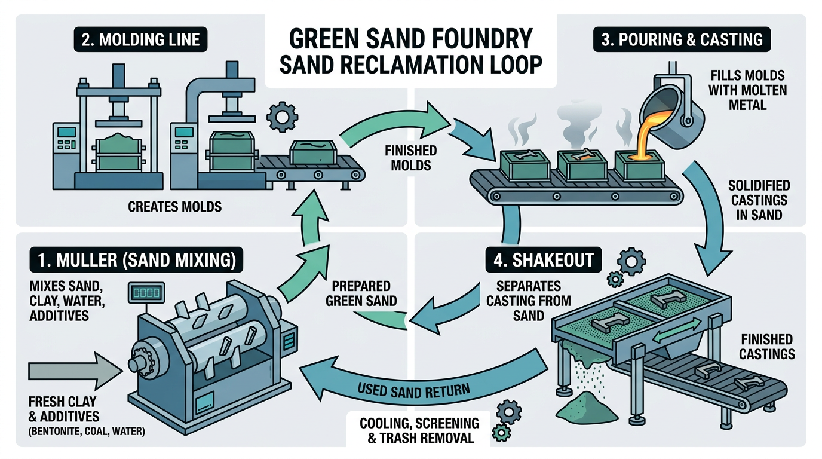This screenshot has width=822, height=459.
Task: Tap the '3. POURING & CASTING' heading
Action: point(682,40)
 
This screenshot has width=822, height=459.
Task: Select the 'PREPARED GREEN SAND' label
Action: point(361,293)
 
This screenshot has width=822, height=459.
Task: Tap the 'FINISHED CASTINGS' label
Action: point(766,347)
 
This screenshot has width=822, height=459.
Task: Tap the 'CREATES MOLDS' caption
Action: point(174,207)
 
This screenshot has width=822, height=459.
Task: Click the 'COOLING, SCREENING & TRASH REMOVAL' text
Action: point(419,430)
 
